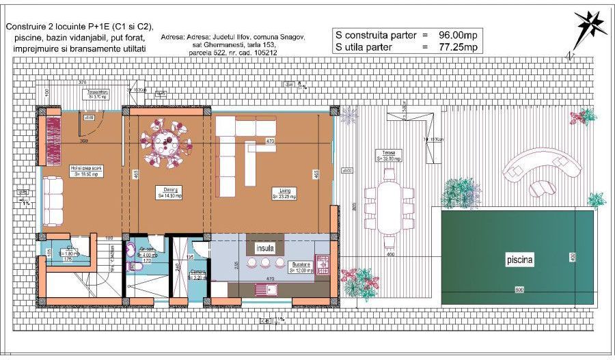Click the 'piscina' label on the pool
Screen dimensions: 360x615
520,260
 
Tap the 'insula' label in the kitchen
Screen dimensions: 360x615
266,247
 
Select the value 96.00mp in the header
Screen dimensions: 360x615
457,34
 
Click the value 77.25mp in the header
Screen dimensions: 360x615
456,47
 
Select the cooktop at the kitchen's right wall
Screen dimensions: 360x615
323,262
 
